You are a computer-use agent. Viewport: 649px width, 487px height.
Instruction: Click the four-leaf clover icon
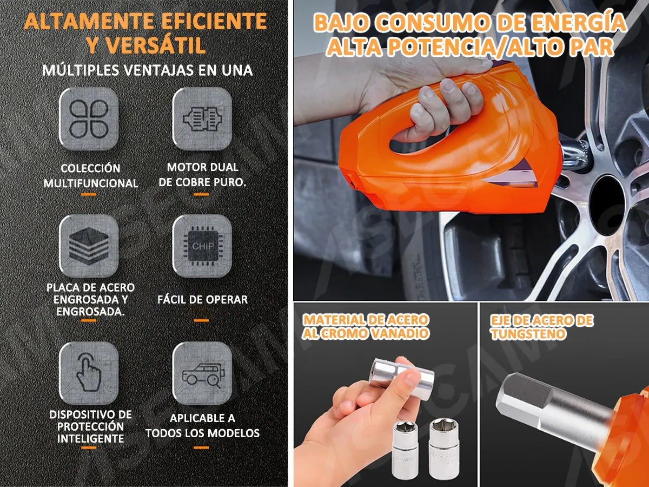[x=89, y=119]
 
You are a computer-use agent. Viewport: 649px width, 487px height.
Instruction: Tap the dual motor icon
[x=202, y=119]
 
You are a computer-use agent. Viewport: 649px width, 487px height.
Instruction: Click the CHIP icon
[x=202, y=245]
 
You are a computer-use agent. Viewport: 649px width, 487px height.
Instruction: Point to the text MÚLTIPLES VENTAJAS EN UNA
[x=147, y=70]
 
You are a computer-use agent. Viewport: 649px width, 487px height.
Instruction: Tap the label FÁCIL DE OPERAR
[x=202, y=299]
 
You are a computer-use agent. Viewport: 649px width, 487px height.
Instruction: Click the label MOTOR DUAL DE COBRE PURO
[x=202, y=175]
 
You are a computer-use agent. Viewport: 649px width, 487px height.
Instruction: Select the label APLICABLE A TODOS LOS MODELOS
[x=202, y=426]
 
